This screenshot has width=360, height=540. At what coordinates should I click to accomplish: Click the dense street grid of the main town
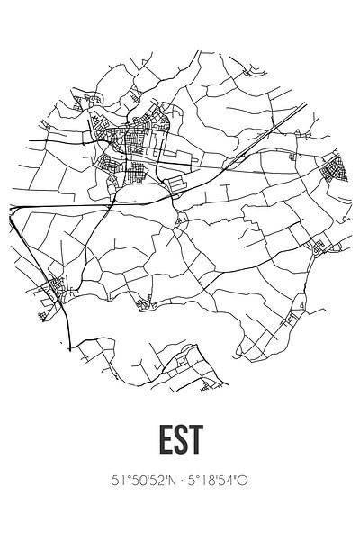coord(135,144)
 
